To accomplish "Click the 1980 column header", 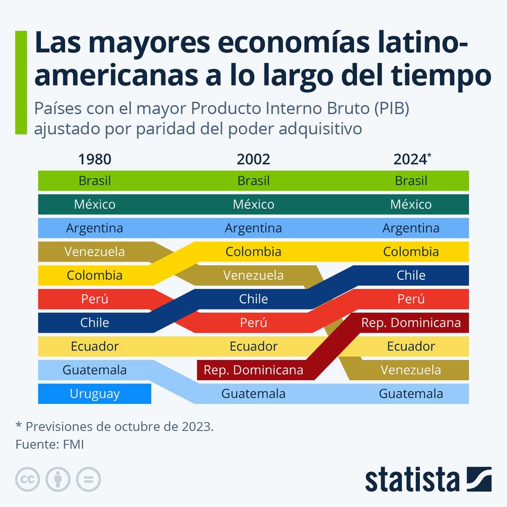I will pos(94,159).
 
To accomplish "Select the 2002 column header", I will pos(253,159).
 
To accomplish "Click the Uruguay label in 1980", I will pos(94,394).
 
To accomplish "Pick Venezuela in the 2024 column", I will pos(411,370).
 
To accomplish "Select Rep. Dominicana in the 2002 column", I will pos(253,370).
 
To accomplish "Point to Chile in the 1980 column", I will pos(94,323).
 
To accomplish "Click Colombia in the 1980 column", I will pos(94,275).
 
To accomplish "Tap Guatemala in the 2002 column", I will pos(253,394).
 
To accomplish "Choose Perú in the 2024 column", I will pos(411,299).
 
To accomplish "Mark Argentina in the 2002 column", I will pos(253,228).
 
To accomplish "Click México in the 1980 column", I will pos(94,204).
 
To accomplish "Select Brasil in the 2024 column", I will pos(411,180).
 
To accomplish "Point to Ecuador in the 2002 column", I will pos(253,346).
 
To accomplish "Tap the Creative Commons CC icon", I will pos(27,479).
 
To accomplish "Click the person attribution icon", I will pos(58,479).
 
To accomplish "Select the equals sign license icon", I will pos(88,479).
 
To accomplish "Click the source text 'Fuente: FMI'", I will pos(49,444).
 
